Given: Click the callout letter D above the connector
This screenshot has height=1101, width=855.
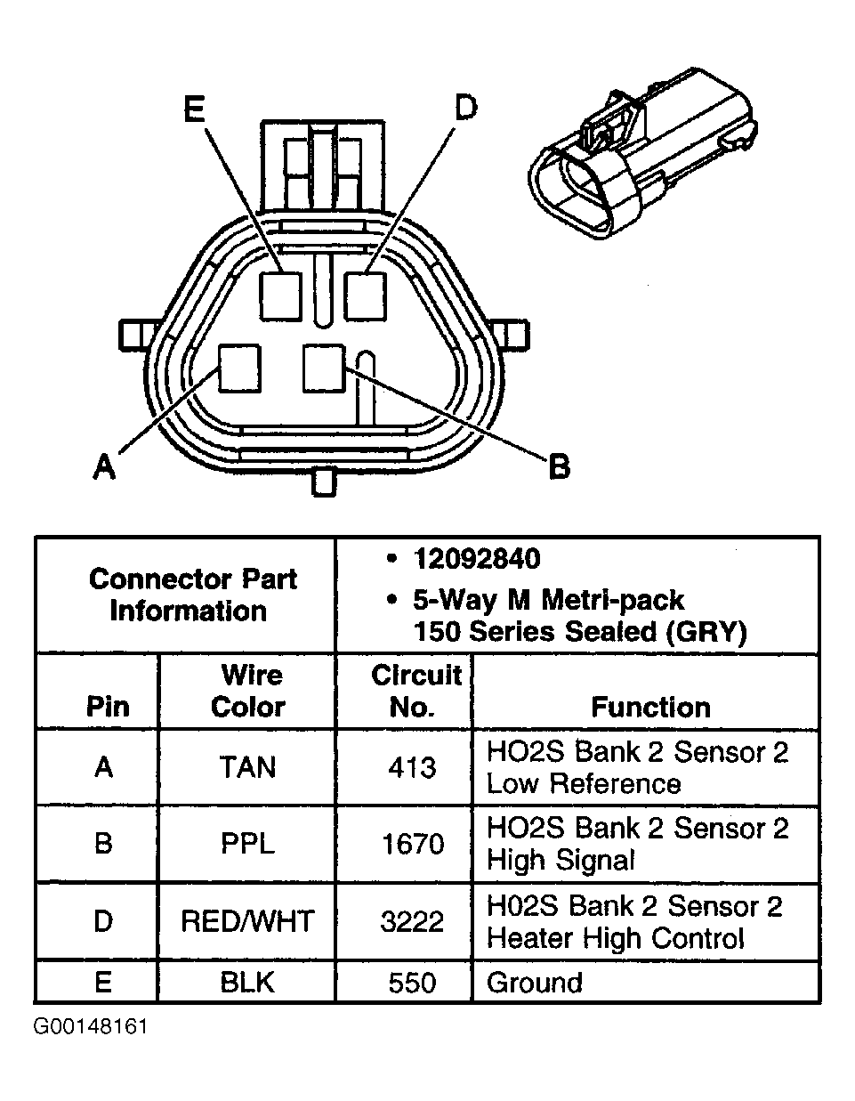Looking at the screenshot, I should click(464, 108).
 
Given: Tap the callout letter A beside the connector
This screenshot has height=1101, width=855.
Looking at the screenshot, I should click(105, 465).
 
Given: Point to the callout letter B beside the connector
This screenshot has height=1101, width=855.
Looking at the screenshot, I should click(558, 465).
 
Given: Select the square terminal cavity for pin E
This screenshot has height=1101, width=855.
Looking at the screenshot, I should click(283, 295).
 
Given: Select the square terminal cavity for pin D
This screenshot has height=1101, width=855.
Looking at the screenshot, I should click(366, 295).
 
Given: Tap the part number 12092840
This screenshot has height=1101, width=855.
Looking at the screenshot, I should click(476, 559).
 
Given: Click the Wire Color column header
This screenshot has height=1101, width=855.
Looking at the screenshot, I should click(247, 691).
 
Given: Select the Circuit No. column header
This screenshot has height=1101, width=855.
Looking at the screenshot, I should click(415, 691).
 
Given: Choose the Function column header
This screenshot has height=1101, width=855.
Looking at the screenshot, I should click(650, 707).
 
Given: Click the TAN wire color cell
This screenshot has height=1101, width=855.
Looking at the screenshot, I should click(247, 767).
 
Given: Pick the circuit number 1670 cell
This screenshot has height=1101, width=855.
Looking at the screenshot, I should click(412, 844).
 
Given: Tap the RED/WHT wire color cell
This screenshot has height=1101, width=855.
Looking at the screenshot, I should click(247, 920).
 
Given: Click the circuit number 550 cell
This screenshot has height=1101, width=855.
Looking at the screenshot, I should click(412, 983).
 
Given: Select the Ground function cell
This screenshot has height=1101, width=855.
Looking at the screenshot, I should click(535, 983).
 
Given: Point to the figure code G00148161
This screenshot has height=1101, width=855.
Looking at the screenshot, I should click(91, 1027).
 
